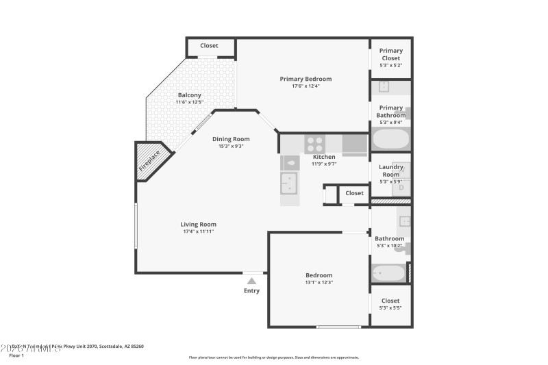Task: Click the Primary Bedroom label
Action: tap(306, 79)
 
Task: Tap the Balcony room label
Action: tap(189, 95)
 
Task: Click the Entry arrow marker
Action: tap(251, 280)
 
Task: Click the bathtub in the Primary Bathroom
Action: tap(391, 140)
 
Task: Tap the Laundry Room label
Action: tap(391, 171)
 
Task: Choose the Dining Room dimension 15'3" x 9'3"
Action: tap(231, 146)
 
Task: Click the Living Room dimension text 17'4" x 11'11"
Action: tap(199, 231)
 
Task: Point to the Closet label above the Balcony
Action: tap(209, 46)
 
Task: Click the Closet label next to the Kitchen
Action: tap(354, 193)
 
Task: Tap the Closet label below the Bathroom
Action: tap(390, 301)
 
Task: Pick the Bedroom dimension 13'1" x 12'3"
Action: tap(319, 282)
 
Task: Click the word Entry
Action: tap(251, 291)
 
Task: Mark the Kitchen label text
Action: tap(324, 157)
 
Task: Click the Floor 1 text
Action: tap(16, 355)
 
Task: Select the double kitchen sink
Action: tap(289, 184)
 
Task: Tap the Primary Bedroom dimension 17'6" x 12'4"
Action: tap(306, 86)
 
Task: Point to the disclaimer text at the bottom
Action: tap(273, 357)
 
